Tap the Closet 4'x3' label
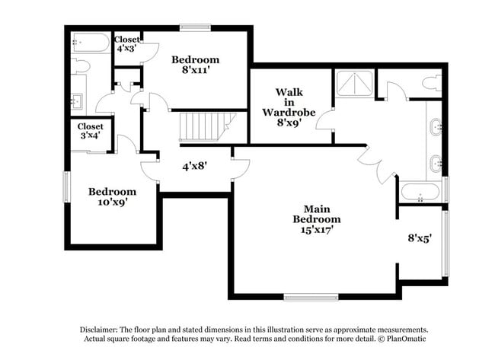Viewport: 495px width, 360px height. point(126,43)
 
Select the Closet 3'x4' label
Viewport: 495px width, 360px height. point(90,131)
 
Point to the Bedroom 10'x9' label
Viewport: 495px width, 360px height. point(112,196)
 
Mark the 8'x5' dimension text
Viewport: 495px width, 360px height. point(420,237)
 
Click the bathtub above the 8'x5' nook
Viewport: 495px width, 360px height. point(420,193)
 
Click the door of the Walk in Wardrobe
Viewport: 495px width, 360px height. point(325,122)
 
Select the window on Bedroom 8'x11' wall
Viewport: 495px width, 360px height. point(195,28)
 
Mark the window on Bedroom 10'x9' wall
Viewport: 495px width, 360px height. point(66,186)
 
